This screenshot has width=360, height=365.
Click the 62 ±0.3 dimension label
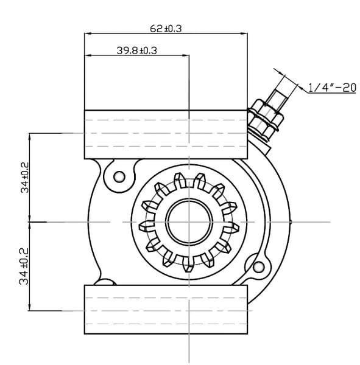[166, 29]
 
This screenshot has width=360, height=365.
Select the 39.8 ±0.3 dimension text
[136, 50]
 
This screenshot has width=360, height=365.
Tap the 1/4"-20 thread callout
[332, 88]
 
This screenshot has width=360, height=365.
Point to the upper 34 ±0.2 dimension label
[25, 178]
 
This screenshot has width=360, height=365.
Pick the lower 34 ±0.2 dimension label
[24, 266]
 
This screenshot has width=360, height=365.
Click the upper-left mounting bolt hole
[119, 176]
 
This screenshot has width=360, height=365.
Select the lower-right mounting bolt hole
[258, 266]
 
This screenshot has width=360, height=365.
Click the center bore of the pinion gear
[189, 222]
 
